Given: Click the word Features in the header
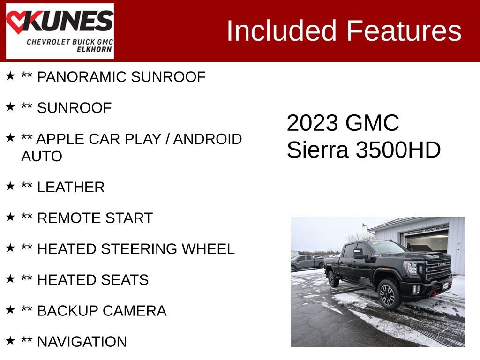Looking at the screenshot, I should pyautogui.click(x=404, y=31).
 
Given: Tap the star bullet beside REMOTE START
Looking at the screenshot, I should pyautogui.click(x=10, y=217).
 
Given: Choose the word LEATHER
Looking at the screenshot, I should pyautogui.click(x=71, y=187).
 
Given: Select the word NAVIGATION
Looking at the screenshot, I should pyautogui.click(x=82, y=342).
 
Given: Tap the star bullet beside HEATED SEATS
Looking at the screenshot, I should pyautogui.click(x=10, y=279).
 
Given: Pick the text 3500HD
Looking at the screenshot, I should pyautogui.click(x=398, y=150).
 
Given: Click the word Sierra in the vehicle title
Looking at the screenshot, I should pyautogui.click(x=317, y=150).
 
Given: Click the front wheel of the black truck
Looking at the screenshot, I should pyautogui.click(x=389, y=294).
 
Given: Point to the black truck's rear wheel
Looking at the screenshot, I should pyautogui.click(x=333, y=279).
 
